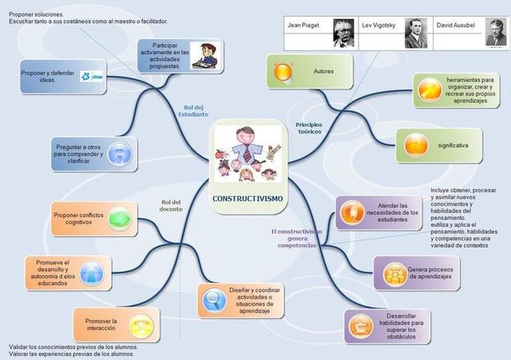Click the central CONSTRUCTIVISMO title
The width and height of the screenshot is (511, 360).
pyautogui.click(x=247, y=197)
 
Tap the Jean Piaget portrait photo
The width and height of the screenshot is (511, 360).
pyautogui.click(x=343, y=33)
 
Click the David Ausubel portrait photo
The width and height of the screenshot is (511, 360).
pyautogui.click(x=496, y=34)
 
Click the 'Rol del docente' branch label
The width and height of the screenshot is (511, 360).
pyautogui.click(x=171, y=205)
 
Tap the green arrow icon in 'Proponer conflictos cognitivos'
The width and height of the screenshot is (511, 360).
pyautogui.click(x=117, y=217)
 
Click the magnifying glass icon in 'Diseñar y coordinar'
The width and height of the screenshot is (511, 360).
pyautogui.click(x=213, y=300)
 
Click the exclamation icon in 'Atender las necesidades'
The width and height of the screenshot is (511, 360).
pyautogui.click(x=352, y=212)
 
